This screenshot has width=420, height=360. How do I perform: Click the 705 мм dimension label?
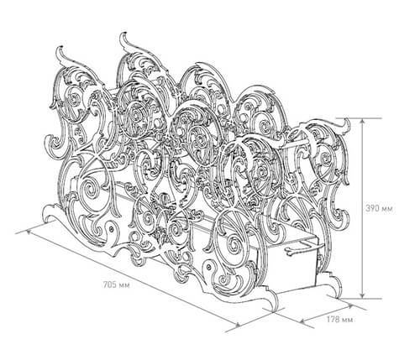pyautogui.click(x=117, y=285)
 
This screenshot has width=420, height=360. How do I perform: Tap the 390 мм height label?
pyautogui.click(x=380, y=208)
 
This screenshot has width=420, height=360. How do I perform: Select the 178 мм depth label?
pyautogui.click(x=339, y=319)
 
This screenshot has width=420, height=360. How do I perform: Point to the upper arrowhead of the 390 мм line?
pyautogui.click(x=363, y=122)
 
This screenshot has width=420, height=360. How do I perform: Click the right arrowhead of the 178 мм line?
pyautogui.click(x=350, y=306)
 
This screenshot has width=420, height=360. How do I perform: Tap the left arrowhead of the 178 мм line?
pyautogui.click(x=303, y=320)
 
